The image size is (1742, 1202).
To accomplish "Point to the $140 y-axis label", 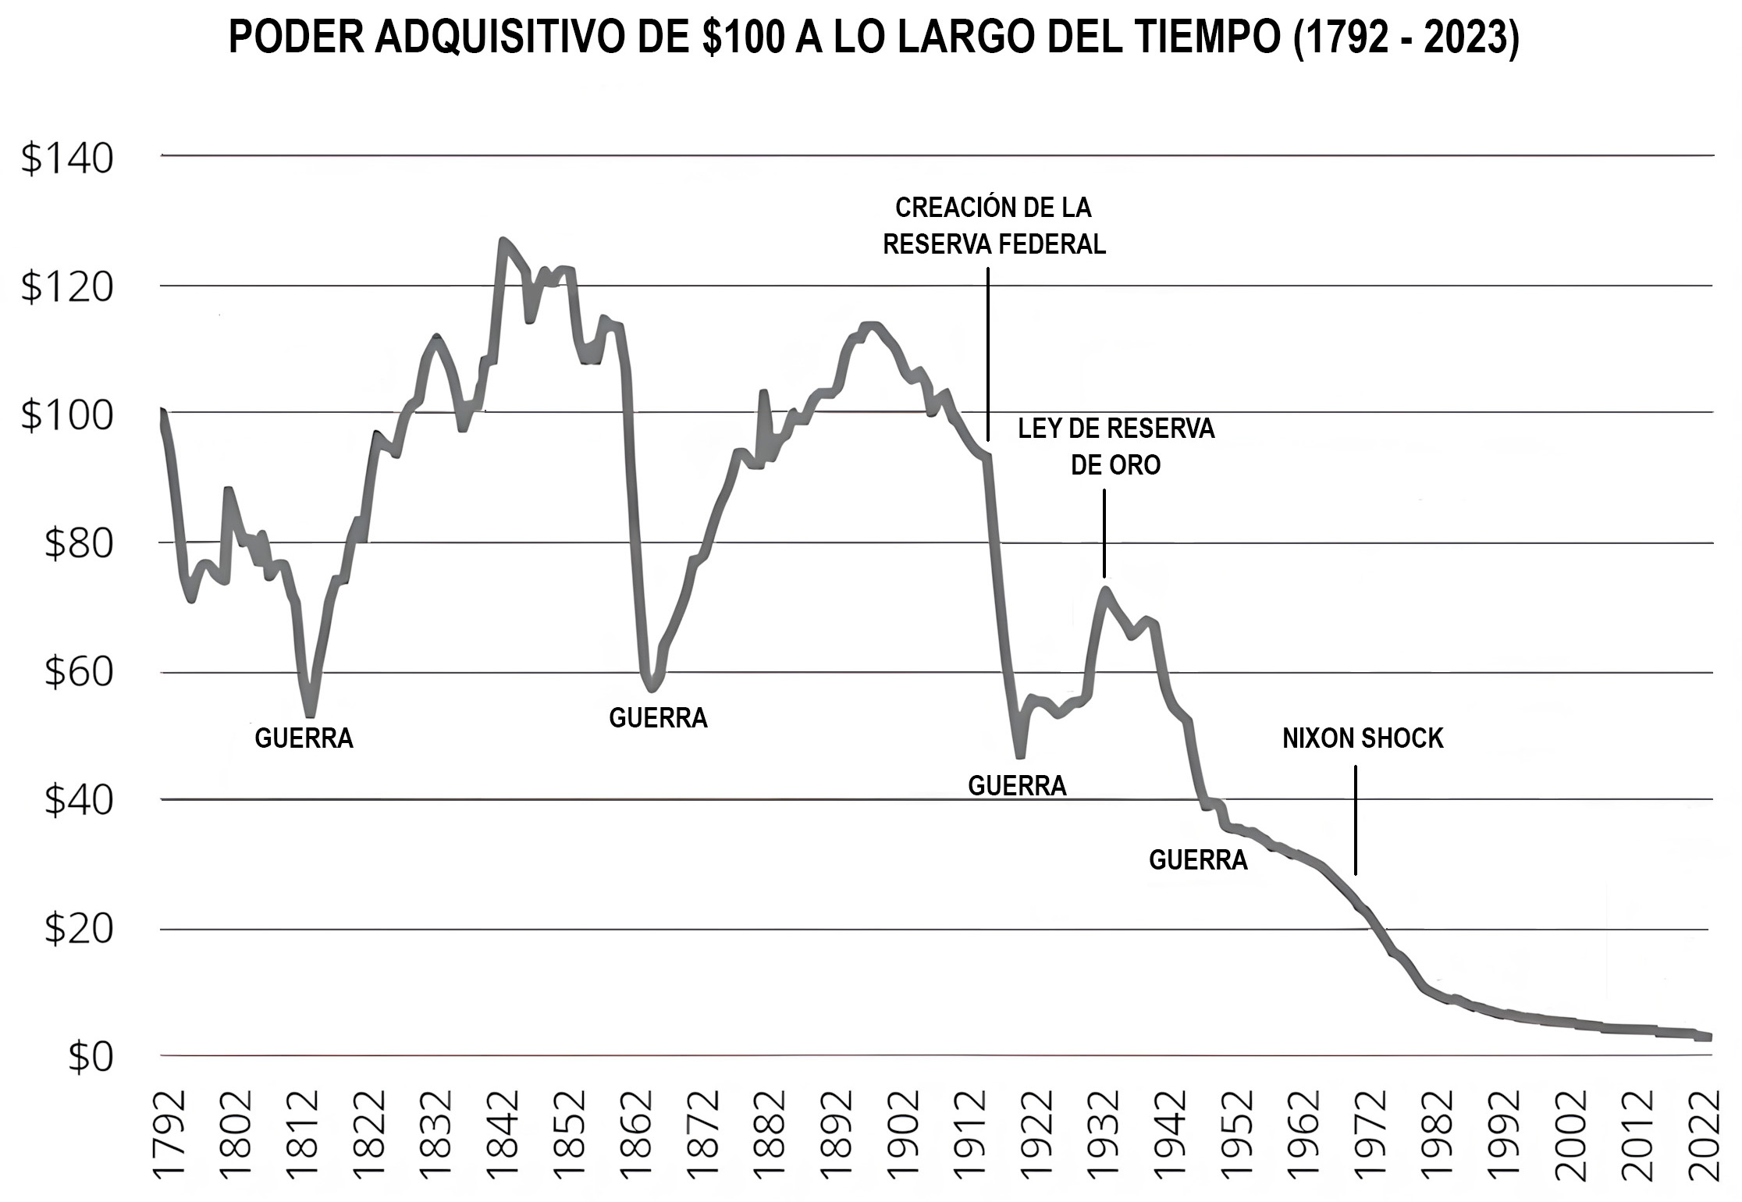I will (x=67, y=158).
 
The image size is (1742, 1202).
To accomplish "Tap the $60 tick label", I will (x=78, y=672).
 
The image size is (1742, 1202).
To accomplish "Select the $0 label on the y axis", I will (x=91, y=1058).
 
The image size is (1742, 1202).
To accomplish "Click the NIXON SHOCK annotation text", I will (x=1363, y=738).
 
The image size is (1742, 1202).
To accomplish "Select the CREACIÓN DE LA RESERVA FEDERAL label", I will (x=994, y=226).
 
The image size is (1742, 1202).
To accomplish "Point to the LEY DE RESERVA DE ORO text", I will (x=1116, y=446).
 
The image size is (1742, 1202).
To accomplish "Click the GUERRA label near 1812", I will (x=304, y=738).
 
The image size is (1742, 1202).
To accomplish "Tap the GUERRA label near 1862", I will (x=658, y=718).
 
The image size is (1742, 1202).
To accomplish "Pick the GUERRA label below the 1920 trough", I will (x=1017, y=786).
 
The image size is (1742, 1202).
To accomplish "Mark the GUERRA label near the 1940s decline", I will (x=1198, y=860).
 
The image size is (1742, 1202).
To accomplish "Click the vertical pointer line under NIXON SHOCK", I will (x=1355, y=820).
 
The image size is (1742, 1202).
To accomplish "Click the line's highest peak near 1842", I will (x=503, y=241).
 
